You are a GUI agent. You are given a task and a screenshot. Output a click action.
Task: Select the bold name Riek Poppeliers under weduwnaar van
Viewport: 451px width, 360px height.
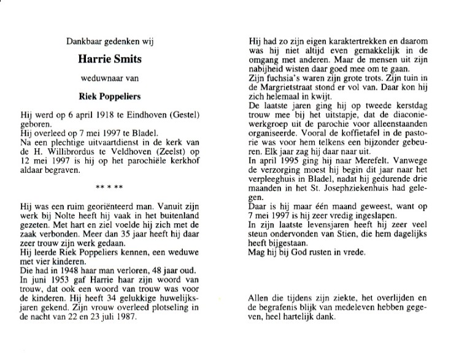109,96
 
